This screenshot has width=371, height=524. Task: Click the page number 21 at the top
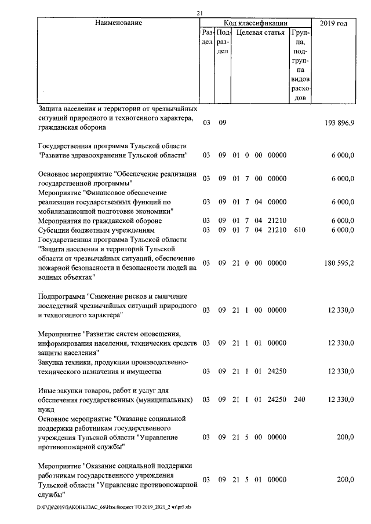[x=199, y=13]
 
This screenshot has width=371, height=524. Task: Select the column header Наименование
[x=118, y=23]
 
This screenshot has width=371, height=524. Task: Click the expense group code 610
[x=300, y=230]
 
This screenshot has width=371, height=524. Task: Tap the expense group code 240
[x=300, y=400]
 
